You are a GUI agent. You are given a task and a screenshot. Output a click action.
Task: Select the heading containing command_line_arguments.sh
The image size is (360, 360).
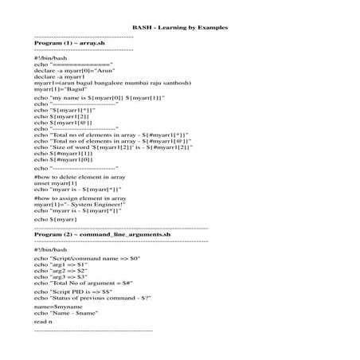pos(103,235)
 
